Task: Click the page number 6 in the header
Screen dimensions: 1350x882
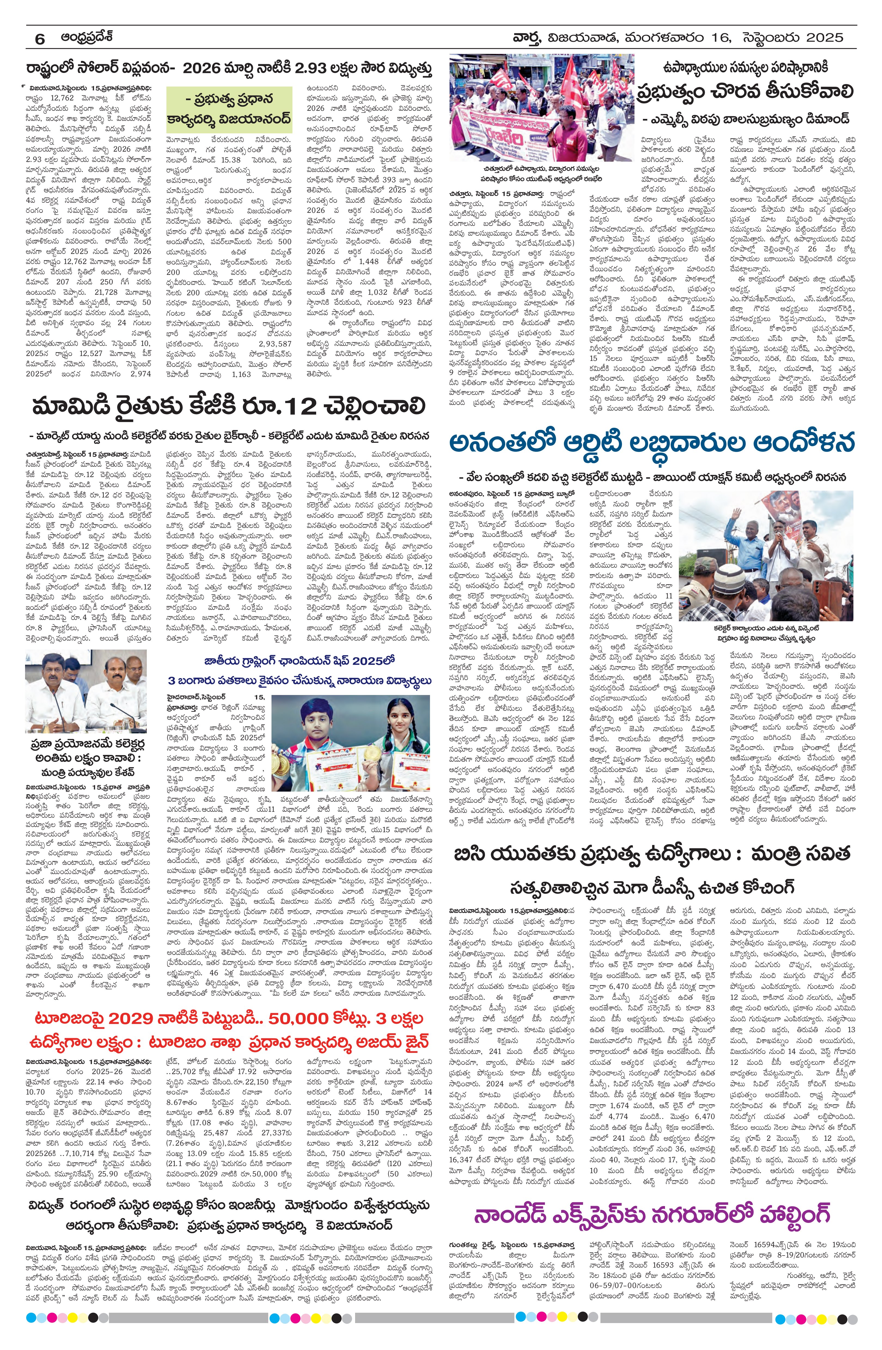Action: [40, 39]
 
